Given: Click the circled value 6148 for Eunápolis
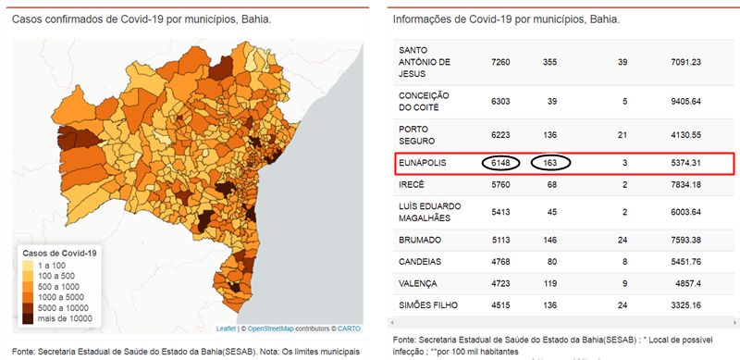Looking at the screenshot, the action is (500, 163).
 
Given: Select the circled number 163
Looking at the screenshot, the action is (549, 163).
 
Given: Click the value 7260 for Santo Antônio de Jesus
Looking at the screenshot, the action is (500, 62).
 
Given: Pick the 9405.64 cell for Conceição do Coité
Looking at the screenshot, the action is (685, 102).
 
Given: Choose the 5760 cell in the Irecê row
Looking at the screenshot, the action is (500, 185).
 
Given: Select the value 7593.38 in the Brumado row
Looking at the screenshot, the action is (685, 240).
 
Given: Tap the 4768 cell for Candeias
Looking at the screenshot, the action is (500, 262).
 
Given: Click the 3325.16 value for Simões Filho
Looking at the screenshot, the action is (685, 305).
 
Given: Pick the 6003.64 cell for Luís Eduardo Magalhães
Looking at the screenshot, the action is (685, 213).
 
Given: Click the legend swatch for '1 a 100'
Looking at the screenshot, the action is (28, 266).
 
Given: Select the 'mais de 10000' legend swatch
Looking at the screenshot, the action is (28, 318).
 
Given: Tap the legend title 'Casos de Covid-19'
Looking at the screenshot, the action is (59, 254).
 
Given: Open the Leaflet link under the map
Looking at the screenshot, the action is (224, 329).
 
